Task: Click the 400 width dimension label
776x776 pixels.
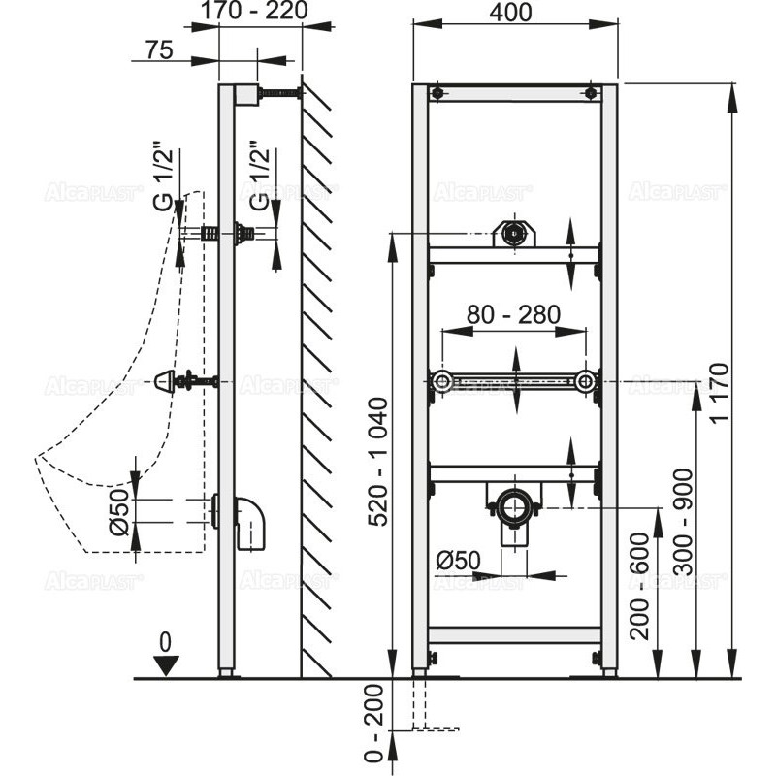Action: (511, 13)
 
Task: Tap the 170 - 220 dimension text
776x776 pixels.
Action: (254, 11)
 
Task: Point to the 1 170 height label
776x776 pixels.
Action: (720, 393)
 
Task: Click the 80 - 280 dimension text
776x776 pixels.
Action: (514, 314)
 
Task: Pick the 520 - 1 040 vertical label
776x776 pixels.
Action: (379, 462)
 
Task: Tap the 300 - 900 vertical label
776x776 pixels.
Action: (684, 522)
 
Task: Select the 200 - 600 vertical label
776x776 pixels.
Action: (639, 586)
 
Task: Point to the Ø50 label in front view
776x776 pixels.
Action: (459, 561)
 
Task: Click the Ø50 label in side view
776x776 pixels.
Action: (119, 513)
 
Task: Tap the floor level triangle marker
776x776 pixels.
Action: (166, 665)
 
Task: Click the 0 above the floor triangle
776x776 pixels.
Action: (165, 642)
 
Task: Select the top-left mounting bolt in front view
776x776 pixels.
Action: (436, 93)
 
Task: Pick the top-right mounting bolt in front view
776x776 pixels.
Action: (591, 93)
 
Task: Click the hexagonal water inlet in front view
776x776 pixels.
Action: (515, 232)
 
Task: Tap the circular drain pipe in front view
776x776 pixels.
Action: (514, 505)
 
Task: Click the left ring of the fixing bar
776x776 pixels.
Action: (442, 382)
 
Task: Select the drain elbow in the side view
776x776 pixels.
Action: (250, 523)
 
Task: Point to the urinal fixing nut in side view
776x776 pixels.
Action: (165, 381)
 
